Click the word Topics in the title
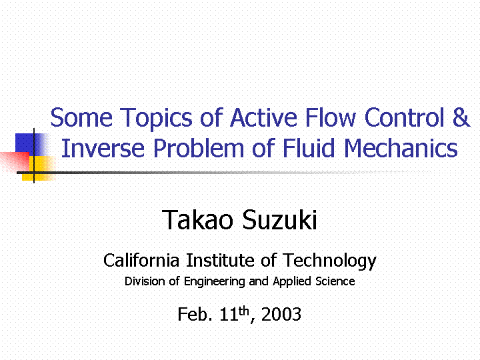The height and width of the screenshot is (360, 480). (156, 119)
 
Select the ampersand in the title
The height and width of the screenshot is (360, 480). (461, 117)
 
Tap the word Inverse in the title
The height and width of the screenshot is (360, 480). (103, 148)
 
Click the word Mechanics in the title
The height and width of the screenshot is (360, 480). (401, 148)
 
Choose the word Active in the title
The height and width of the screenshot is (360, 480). (263, 117)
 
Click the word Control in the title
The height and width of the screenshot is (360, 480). (405, 117)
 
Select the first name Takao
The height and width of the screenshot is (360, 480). (197, 220)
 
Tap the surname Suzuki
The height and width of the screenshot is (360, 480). (279, 220)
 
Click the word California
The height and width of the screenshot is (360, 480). (141, 261)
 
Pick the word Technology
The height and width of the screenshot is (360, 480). (329, 261)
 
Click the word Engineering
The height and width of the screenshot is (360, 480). (214, 282)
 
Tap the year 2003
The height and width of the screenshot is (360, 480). (281, 315)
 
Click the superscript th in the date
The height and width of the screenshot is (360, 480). (244, 311)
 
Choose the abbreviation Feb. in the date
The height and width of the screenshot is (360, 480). (195, 314)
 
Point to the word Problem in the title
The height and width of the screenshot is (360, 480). (199, 148)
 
